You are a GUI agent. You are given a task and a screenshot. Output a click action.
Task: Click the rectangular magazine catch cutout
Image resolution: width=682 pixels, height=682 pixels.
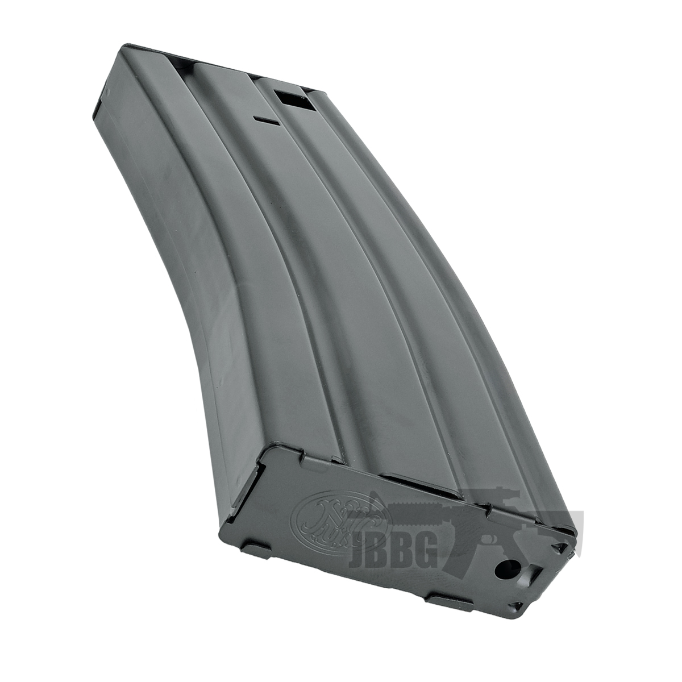tap(288, 101)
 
